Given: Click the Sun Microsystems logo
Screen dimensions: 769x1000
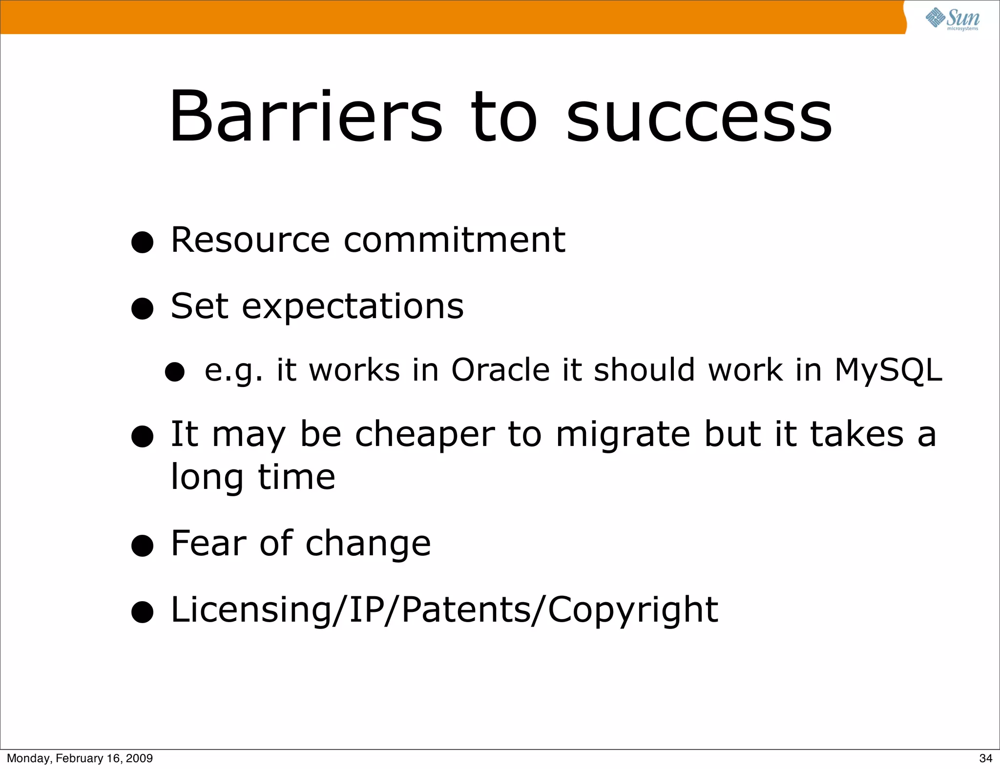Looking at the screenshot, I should point(952,19).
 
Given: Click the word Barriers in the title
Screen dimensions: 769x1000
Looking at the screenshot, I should point(306,117).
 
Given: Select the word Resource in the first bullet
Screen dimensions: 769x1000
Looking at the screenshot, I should point(250,240).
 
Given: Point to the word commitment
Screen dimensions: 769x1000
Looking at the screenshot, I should point(454,240).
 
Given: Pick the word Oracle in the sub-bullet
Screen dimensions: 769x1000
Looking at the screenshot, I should point(500,369).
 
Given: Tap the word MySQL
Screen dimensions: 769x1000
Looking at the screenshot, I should point(888,370).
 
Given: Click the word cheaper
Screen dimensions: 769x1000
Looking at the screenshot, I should point(424,435).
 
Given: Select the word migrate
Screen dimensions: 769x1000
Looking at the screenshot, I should point(623,435).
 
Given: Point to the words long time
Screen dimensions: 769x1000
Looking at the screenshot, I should point(253,477).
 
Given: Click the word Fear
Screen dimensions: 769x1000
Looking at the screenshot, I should point(209,543).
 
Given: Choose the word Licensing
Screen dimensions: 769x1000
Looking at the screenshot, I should point(250,610).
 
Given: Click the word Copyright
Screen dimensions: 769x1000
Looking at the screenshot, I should point(633,610).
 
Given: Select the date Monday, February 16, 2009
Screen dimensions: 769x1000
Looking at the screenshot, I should point(80,758).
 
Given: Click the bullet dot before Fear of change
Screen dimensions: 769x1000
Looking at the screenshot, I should point(143,546).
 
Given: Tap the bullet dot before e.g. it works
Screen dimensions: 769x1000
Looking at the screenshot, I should point(175,372).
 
